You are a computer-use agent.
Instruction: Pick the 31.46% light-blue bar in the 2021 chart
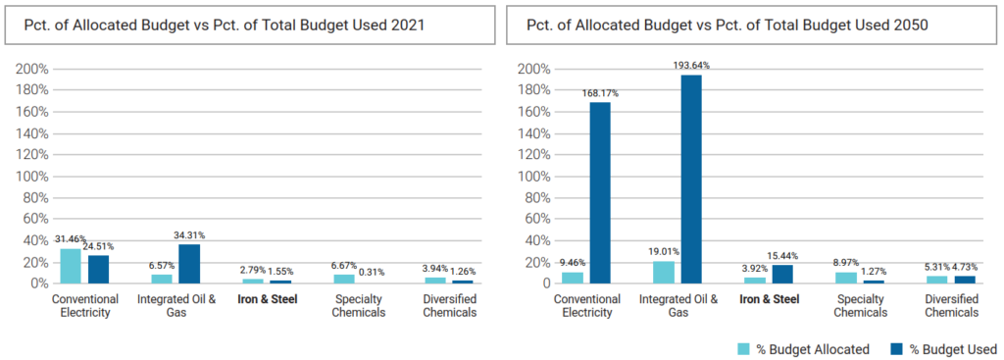[x=72, y=265]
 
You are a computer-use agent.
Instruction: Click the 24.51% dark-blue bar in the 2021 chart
[x=98, y=269]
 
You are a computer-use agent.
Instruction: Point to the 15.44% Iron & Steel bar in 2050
[x=781, y=274]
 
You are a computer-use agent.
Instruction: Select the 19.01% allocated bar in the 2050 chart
[x=664, y=272]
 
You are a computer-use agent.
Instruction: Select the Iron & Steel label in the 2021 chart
[x=270, y=299]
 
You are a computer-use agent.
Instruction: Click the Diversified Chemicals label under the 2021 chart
[x=450, y=306]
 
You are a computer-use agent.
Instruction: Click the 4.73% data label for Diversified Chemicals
[x=967, y=266]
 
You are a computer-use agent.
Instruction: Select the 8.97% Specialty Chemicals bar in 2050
[x=846, y=278]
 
